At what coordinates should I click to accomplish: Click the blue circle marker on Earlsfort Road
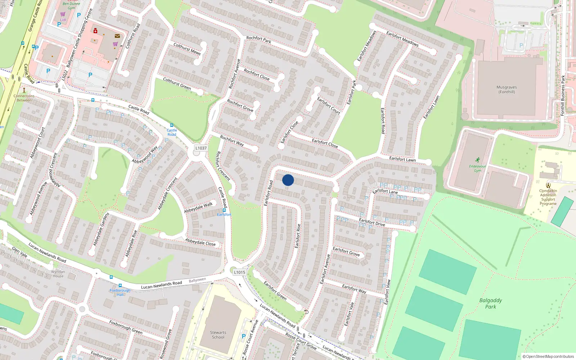pyautogui.click(x=288, y=180)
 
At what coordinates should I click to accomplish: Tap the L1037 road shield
pyautogui.click(x=201, y=148)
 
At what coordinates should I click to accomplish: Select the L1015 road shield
pyautogui.click(x=239, y=272)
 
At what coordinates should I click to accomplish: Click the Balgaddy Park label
pyautogui.click(x=490, y=303)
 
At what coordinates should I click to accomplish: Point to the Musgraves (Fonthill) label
pyautogui.click(x=507, y=89)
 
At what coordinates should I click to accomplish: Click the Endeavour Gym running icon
pyautogui.click(x=477, y=160)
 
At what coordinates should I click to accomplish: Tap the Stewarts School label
pyautogui.click(x=218, y=335)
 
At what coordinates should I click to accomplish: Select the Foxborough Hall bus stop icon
pyautogui.click(x=120, y=285)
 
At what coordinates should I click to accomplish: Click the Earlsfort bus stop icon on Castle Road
pyautogui.click(x=224, y=210)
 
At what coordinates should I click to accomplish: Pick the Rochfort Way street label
pyautogui.click(x=232, y=141)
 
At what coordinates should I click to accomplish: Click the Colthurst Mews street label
pyautogui.click(x=187, y=49)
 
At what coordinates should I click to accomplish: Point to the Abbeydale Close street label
pyautogui.click(x=200, y=242)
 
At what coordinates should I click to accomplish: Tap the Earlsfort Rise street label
pyautogui.click(x=298, y=236)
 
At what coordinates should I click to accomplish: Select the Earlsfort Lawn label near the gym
pyautogui.click(x=402, y=159)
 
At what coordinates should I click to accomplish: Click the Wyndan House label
pyautogui.click(x=58, y=274)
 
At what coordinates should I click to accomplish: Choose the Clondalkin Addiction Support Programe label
pyautogui.click(x=548, y=197)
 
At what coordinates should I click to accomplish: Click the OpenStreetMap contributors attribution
pyautogui.click(x=549, y=356)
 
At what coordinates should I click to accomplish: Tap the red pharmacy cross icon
pyautogui.click(x=95, y=31)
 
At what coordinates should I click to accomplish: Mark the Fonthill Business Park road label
pyautogui.click(x=563, y=95)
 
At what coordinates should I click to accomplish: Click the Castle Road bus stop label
pyautogui.click(x=172, y=132)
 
